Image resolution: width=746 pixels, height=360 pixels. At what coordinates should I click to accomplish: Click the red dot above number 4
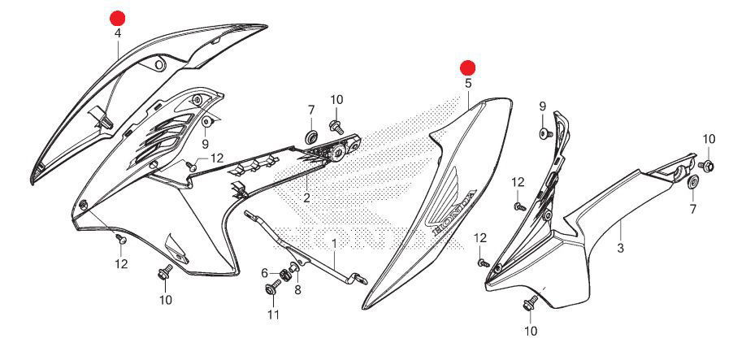119,18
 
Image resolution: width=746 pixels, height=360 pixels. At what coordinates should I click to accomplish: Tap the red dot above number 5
468,67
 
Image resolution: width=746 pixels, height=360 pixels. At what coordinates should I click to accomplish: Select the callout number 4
118,33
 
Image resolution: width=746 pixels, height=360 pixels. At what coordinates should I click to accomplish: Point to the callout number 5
468,83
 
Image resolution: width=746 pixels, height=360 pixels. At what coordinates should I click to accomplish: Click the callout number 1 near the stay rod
333,243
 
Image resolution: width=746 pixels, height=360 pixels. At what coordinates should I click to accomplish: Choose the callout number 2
306,197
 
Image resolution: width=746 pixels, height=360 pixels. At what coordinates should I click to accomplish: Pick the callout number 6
265,273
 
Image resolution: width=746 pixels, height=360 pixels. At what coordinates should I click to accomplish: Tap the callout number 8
297,289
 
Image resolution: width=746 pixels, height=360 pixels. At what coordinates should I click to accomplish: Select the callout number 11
273,314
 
